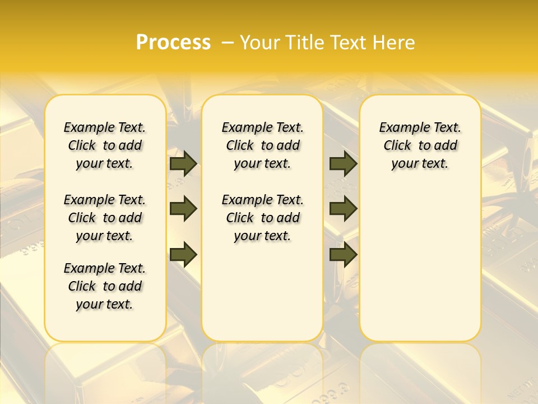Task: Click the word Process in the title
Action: click(x=173, y=43)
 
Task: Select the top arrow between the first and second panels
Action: click(x=183, y=164)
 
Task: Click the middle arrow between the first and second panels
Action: click(x=183, y=209)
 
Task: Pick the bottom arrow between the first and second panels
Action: click(x=183, y=254)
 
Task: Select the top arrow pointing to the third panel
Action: click(x=343, y=164)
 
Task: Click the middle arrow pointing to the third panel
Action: click(x=343, y=209)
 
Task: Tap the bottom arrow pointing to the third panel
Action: click(x=343, y=254)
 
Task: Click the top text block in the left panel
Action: click(x=105, y=145)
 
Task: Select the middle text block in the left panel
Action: click(x=105, y=218)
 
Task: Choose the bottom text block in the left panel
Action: click(x=105, y=286)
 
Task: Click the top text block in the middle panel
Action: click(x=262, y=145)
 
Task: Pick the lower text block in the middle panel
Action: click(x=262, y=218)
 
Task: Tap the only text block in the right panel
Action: click(x=420, y=145)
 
